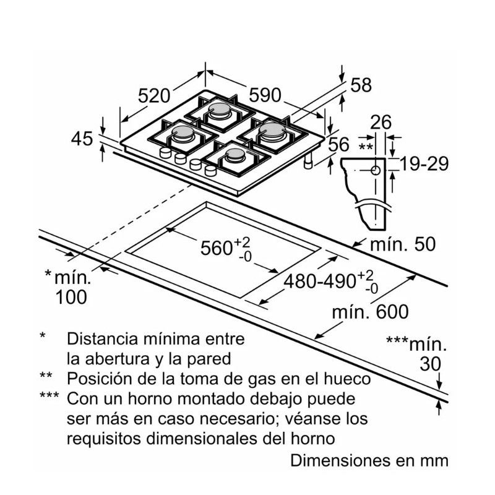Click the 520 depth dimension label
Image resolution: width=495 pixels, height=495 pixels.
coord(153,97)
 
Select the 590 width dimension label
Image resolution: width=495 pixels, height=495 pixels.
coord(265,95)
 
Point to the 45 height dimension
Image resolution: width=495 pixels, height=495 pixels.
coord(81,139)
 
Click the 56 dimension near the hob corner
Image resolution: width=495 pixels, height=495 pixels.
coord(338,145)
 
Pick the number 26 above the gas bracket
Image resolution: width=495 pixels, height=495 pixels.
coord(381,123)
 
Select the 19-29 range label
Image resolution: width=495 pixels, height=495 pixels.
coord(423,164)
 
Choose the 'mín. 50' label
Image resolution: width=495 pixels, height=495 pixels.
coord(403,244)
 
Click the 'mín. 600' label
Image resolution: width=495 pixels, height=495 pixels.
coord(369,312)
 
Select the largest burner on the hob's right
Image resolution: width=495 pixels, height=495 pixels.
coord(271,131)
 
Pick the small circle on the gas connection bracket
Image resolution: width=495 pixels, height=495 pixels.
coord(374,169)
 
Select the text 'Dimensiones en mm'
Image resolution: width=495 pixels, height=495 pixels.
coord(369,461)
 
